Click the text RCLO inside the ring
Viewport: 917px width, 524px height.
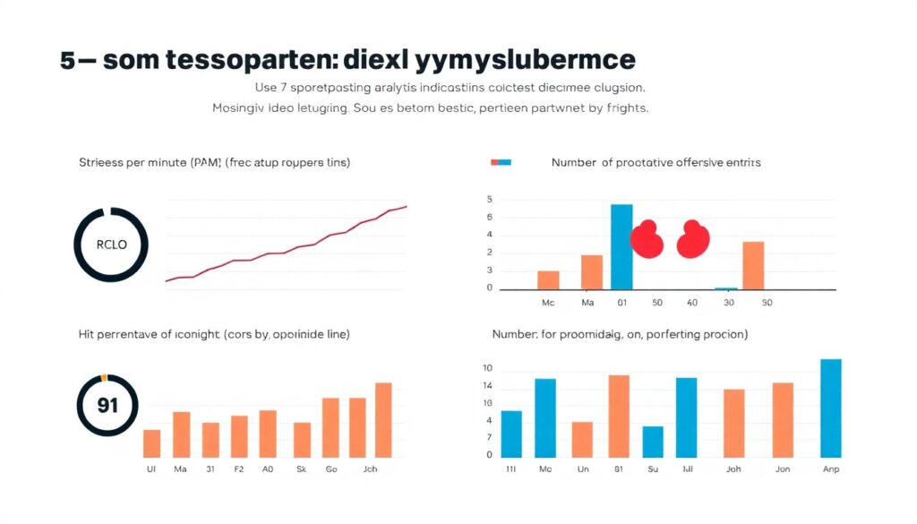[111, 245]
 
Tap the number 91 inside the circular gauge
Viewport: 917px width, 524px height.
[107, 405]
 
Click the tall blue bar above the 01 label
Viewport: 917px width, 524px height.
[621, 247]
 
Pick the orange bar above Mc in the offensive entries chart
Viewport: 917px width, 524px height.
[548, 279]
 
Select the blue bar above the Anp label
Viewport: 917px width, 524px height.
[831, 408]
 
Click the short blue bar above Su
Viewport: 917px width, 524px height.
[653, 442]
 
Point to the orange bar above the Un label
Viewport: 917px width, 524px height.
[582, 439]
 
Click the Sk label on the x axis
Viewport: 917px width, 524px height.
[302, 468]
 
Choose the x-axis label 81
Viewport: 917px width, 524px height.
[619, 468]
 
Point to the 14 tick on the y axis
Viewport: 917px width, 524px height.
[488, 386]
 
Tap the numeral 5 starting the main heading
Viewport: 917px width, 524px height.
[68, 61]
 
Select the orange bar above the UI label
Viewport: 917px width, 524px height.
[152, 443]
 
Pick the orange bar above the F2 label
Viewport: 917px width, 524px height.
[239, 436]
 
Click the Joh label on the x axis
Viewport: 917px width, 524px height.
[733, 468]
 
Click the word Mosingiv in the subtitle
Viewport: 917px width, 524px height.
[242, 108]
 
